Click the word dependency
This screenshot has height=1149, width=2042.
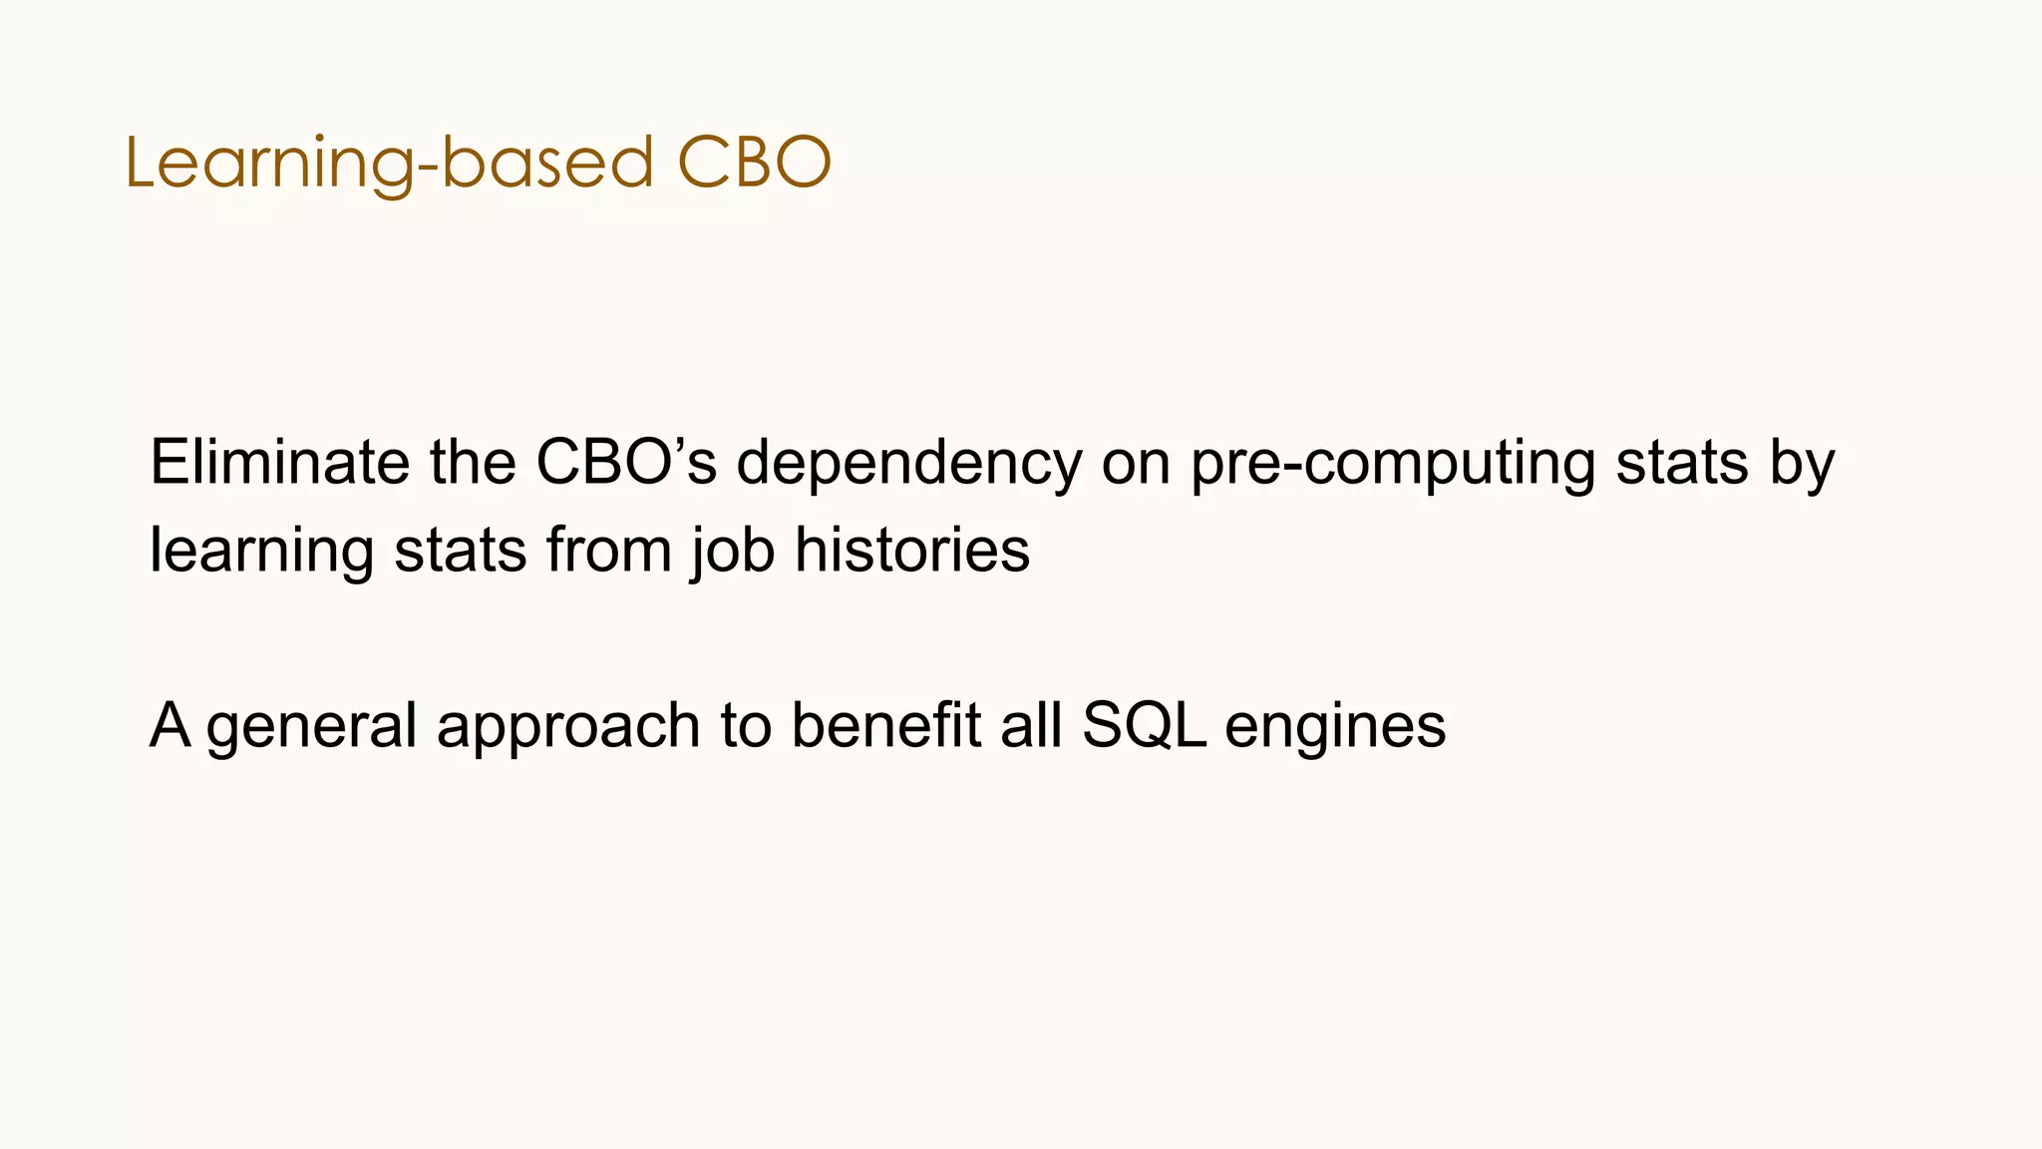908,464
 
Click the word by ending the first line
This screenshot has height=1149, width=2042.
1803,464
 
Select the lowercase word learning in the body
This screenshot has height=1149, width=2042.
261,552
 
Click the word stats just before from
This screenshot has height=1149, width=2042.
460,550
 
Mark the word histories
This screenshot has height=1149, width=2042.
911,550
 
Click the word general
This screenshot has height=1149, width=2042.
312,726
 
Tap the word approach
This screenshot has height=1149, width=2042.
568,726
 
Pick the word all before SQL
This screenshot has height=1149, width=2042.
1031,724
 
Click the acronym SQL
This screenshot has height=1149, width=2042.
1144,724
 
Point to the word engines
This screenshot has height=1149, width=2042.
1335,726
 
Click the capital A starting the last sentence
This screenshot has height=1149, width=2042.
170,724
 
